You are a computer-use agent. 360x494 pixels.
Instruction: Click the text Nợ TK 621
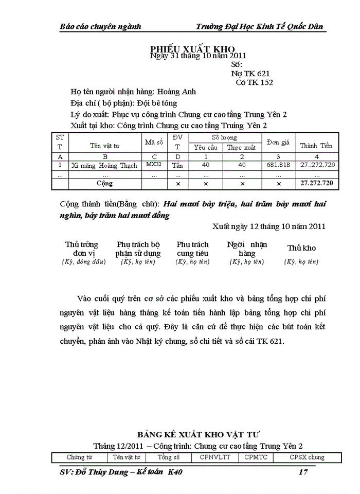251,74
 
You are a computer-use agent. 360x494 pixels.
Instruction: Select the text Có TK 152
254,82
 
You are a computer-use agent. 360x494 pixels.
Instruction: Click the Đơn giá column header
278,142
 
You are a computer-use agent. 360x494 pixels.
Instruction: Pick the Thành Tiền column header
316,146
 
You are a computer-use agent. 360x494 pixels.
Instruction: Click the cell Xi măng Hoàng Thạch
104,165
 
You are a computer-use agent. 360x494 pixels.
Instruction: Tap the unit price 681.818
278,165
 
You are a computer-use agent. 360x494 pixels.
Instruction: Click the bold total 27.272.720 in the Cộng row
316,183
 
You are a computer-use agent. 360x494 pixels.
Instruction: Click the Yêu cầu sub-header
205,147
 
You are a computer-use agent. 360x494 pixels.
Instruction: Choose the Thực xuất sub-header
242,147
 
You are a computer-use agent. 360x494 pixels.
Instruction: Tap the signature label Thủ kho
301,248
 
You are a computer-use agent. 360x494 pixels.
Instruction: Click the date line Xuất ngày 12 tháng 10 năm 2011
269,225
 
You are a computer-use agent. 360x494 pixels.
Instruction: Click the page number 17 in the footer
303,472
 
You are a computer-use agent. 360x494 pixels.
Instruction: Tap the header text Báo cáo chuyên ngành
101,27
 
